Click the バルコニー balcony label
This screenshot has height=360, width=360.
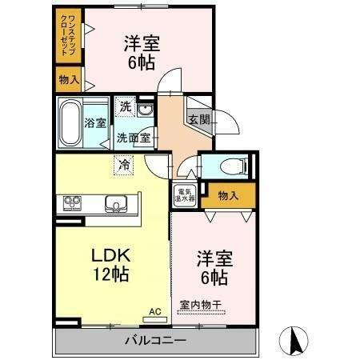pyautogui.click(x=155, y=341)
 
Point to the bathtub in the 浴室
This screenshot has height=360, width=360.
pyautogui.click(x=70, y=122)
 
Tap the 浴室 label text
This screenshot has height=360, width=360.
pyautogui.click(x=95, y=123)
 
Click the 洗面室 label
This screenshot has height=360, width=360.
pyautogui.click(x=134, y=137)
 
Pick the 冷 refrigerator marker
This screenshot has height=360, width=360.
pyautogui.click(x=124, y=165)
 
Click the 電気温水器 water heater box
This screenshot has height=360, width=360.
pyautogui.click(x=184, y=194)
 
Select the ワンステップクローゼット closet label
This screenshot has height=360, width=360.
pyautogui.click(x=68, y=34)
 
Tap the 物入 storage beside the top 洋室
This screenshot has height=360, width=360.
pyautogui.click(x=69, y=78)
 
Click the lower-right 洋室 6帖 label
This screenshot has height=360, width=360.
pyautogui.click(x=214, y=269)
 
